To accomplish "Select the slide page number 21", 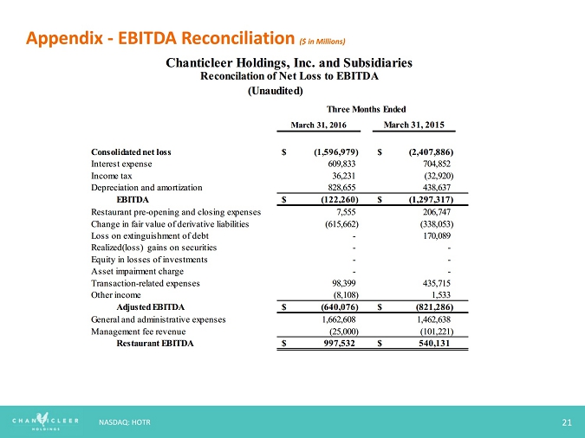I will pos(567,422).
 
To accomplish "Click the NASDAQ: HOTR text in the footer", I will pos(127,422).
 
